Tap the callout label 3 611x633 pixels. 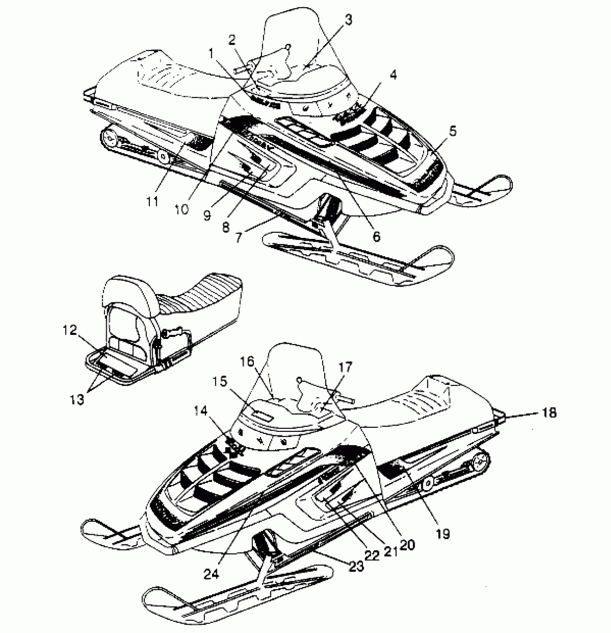[x=348, y=20]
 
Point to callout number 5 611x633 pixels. [x=452, y=131]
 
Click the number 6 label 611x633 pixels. [x=376, y=236]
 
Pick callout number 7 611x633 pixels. [x=239, y=238]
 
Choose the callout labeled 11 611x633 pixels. [x=153, y=202]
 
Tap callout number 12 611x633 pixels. [x=68, y=330]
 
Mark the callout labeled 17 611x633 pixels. [x=345, y=367]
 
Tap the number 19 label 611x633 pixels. [x=443, y=534]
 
